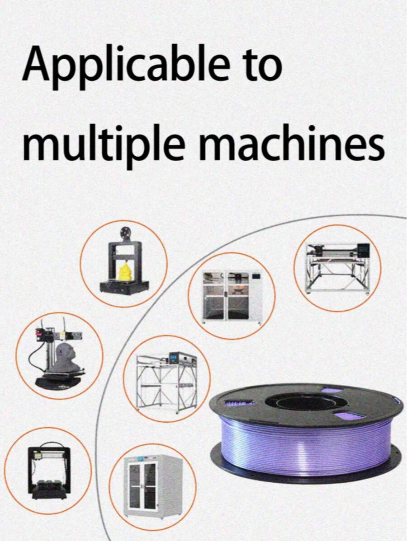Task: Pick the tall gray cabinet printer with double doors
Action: coord(153,487)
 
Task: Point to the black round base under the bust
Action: coord(59,382)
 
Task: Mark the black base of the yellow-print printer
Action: coord(124,287)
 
